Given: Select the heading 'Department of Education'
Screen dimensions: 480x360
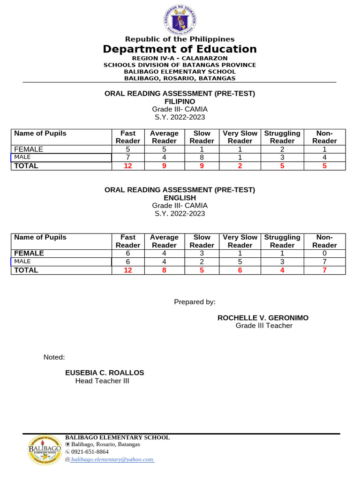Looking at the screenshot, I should (180, 49).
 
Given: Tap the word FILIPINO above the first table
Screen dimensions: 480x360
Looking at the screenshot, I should (180, 101).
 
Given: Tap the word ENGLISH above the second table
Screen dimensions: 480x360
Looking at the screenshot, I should (180, 198).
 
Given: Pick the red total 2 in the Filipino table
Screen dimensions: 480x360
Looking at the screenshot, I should (240, 165).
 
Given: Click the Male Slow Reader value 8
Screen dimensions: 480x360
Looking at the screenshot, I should (202, 157).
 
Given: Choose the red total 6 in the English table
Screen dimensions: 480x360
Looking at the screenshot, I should (240, 270).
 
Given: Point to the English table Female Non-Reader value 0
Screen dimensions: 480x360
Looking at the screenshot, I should (324, 253).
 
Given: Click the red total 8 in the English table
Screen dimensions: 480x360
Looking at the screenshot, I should (164, 270).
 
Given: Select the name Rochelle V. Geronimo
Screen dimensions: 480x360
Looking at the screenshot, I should (263, 318).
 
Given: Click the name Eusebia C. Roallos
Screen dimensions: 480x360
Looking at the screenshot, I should (105, 373).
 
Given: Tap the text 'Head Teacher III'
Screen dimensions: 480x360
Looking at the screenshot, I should (102, 381).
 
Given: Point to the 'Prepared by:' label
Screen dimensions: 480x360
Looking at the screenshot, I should (195, 302).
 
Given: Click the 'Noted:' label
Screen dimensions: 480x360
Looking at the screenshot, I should (54, 357).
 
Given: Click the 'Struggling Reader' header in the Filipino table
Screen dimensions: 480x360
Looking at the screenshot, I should (282, 137).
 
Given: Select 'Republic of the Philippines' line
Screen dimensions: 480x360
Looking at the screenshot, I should (180, 39).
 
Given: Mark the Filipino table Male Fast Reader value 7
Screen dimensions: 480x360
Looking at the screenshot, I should (128, 157).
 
